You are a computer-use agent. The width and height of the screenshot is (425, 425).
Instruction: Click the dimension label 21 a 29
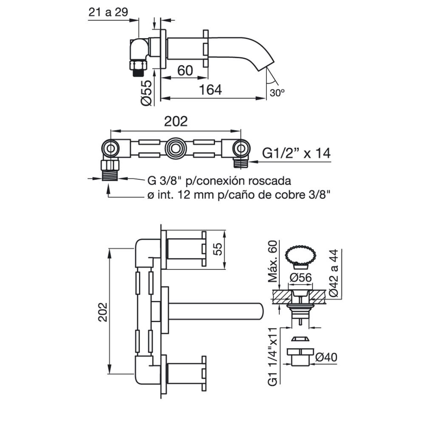coord(108,12)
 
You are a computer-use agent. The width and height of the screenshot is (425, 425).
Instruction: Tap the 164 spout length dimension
coord(210,90)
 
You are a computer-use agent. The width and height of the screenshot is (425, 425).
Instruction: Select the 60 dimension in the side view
coord(185,71)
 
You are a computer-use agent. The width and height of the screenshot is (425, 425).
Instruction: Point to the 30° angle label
coord(277,93)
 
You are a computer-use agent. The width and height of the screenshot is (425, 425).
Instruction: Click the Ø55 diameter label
coord(146,93)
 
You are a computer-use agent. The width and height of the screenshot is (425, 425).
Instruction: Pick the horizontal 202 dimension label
coord(176,122)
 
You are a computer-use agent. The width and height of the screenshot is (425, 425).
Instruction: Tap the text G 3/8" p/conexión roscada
coord(219,181)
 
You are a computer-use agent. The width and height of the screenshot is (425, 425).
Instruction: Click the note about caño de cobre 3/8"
coord(239,195)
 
